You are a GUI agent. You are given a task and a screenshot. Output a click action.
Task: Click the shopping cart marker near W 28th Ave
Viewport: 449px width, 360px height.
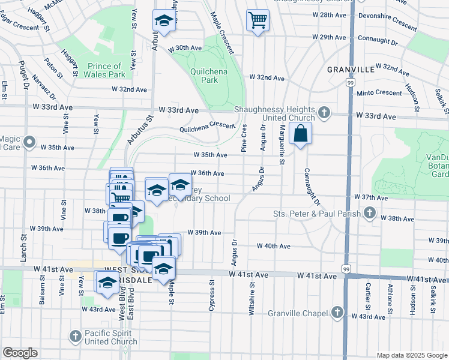click(258, 21)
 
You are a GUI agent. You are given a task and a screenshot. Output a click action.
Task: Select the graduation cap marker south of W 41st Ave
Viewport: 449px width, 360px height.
click(107, 283)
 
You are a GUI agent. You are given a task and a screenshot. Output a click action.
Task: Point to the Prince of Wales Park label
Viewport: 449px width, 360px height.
click(106, 70)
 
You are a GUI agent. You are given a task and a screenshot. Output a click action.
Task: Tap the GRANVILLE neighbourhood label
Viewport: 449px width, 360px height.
click(351, 70)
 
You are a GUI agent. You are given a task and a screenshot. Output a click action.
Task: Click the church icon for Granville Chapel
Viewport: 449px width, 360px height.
click(338, 312)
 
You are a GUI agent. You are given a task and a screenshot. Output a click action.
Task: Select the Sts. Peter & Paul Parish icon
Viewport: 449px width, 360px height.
click(370, 213)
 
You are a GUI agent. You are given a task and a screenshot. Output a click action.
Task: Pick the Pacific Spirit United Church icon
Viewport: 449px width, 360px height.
click(76, 336)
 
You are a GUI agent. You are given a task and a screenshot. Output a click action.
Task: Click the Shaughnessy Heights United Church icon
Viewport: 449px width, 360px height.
click(324, 112)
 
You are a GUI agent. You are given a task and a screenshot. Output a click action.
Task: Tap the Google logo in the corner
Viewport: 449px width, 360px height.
click(20, 353)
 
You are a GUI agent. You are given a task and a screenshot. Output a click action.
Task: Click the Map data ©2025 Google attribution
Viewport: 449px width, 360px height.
click(412, 355)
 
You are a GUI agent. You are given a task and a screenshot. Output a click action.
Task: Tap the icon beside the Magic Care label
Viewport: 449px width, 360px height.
click(28, 145)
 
